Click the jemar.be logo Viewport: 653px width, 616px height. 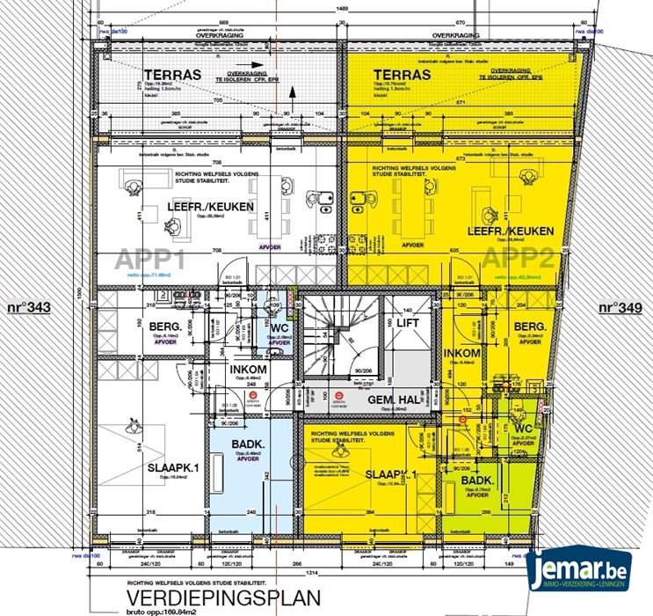point(586,573)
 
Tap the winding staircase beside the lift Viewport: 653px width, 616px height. point(337,334)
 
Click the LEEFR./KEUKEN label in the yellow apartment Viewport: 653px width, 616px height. point(511,231)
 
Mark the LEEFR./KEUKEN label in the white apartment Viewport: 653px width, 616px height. point(210,207)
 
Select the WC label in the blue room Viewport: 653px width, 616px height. point(280,329)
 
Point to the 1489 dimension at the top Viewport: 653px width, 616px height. point(335,8)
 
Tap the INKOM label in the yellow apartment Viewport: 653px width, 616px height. point(462,354)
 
